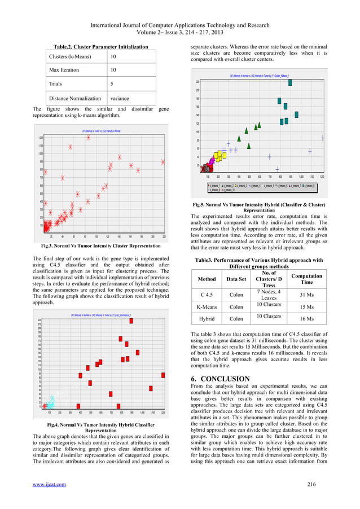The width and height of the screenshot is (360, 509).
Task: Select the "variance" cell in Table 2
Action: [x=120, y=98]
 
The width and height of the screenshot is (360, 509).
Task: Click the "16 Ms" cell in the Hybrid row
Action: [x=306, y=319]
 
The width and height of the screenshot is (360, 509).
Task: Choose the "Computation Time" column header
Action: [x=306, y=279]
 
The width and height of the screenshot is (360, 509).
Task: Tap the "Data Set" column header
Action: [x=236, y=279]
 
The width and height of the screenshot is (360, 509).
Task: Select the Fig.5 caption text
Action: [x=267, y=207]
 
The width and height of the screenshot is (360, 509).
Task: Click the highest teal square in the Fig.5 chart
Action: [x=290, y=82]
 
